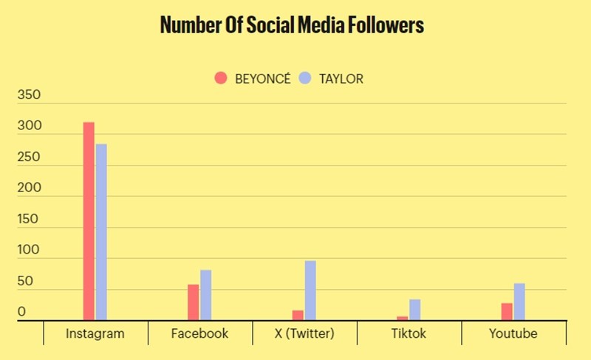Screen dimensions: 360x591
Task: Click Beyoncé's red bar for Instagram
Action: pos(89,222)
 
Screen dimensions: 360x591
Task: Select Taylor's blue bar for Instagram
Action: pos(101,232)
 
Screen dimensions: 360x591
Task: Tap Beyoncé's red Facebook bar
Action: pos(194,302)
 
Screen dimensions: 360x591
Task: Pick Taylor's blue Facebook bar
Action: pos(206,295)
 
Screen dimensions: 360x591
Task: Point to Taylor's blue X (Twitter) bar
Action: pos(310,291)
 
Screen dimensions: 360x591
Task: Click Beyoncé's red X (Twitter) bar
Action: pos(298,316)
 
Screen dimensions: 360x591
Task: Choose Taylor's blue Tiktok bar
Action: pos(415,310)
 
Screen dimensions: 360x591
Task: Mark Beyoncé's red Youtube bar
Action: pos(507,312)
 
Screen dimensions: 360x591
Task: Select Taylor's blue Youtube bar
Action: pos(519,302)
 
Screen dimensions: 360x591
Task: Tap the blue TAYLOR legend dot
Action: pos(305,78)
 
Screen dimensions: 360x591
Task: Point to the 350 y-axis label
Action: pos(30,96)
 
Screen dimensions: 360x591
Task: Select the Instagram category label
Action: pos(95,333)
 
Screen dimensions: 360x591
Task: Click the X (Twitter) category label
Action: pos(304,333)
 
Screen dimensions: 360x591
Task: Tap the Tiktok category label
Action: pos(409,333)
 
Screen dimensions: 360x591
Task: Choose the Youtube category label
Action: pos(513,333)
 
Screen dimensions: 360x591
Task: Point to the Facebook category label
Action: pos(199,333)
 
